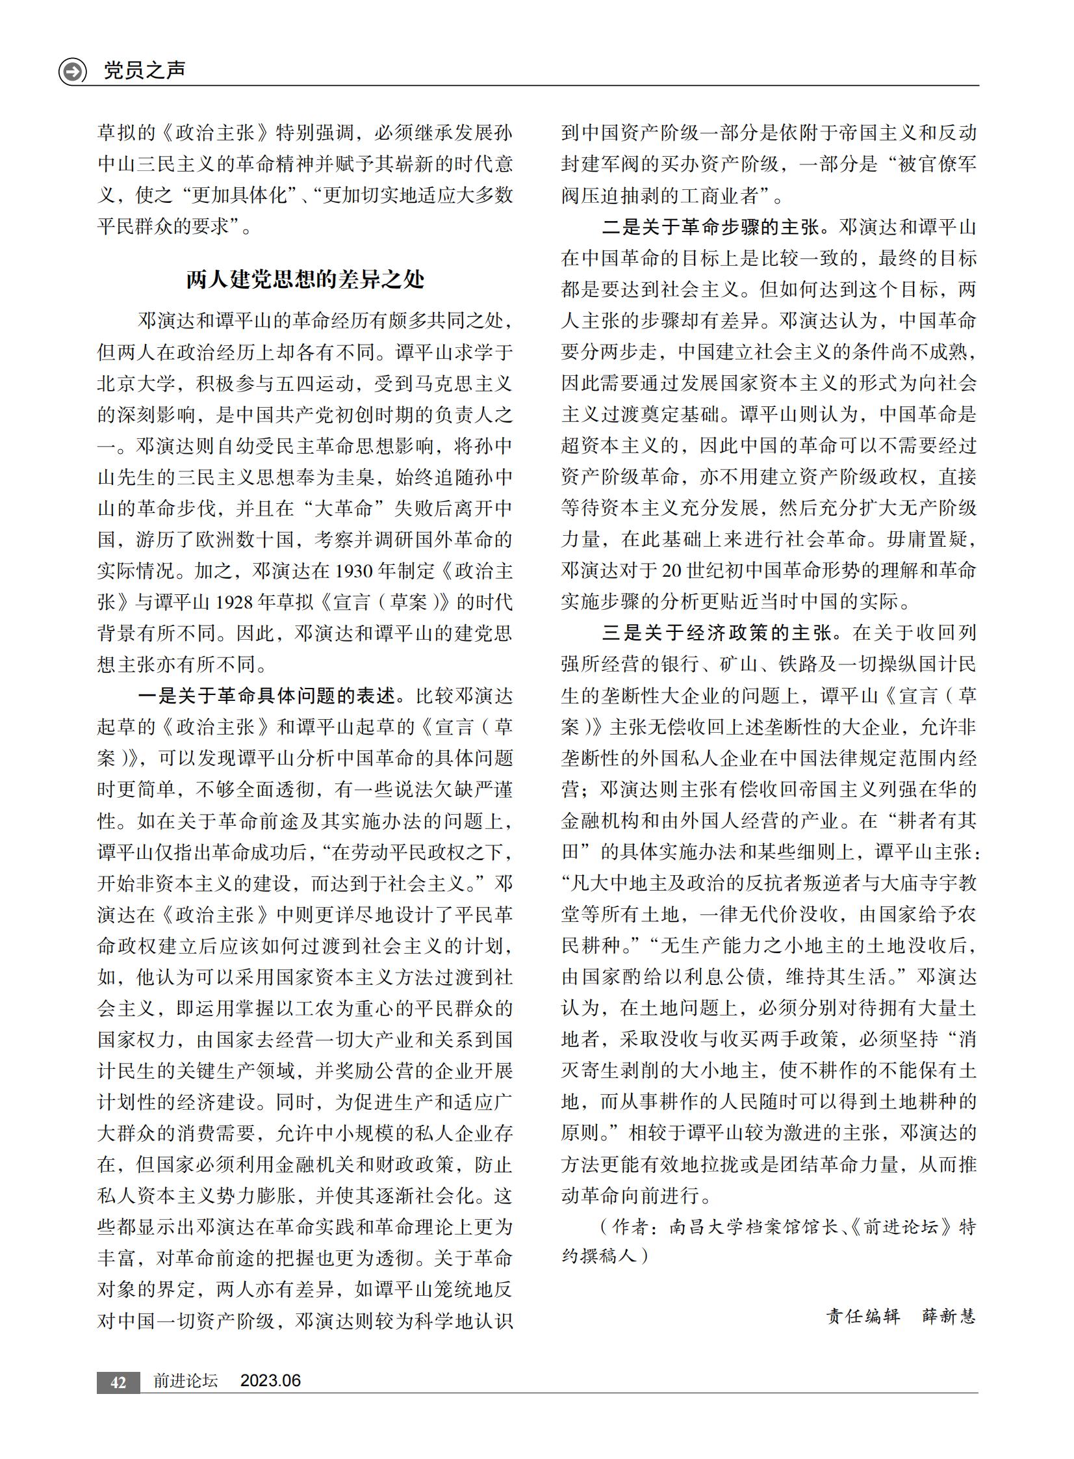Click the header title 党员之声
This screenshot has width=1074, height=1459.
coord(144,70)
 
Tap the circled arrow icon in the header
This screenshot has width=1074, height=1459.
coord(72,72)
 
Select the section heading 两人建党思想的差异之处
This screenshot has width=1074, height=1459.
coord(305,280)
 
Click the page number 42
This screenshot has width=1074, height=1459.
coord(118,1382)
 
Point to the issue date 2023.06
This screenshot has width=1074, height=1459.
coord(270,1380)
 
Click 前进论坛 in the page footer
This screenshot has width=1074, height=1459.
coord(185,1380)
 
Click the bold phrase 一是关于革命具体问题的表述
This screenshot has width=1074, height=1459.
coord(266,696)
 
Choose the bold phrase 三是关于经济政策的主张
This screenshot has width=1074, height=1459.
coord(717,633)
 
